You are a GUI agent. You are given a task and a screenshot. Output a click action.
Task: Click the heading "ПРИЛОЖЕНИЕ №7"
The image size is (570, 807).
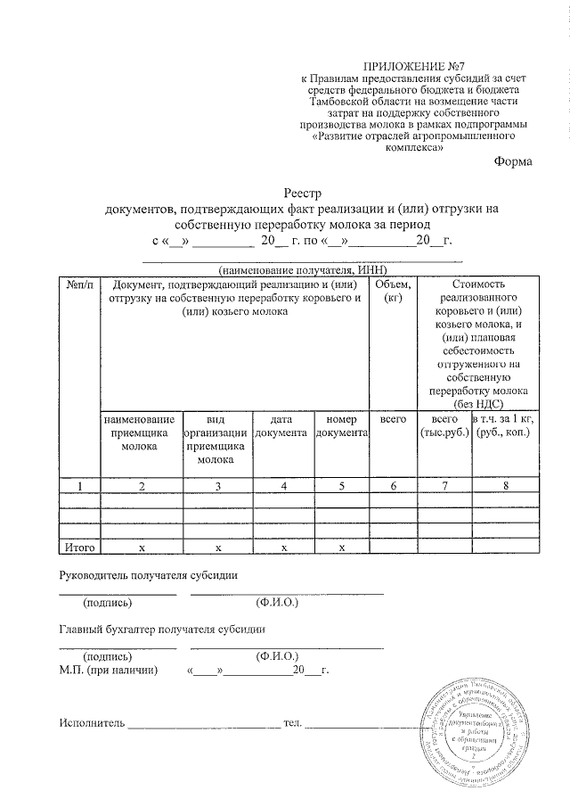click(x=411, y=68)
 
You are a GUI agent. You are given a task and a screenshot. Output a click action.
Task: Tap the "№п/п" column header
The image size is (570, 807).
click(x=78, y=284)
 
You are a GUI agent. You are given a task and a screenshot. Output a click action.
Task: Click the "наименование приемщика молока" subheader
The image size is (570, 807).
click(x=139, y=432)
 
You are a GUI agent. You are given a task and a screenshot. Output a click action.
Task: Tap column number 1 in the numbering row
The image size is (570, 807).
click(x=78, y=486)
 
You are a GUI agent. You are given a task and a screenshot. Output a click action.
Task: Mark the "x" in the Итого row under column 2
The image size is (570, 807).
click(x=141, y=546)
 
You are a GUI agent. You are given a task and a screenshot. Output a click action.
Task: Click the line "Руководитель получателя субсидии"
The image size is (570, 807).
click(x=149, y=575)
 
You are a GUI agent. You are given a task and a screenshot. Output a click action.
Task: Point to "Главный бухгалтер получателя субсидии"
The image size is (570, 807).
click(x=162, y=629)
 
